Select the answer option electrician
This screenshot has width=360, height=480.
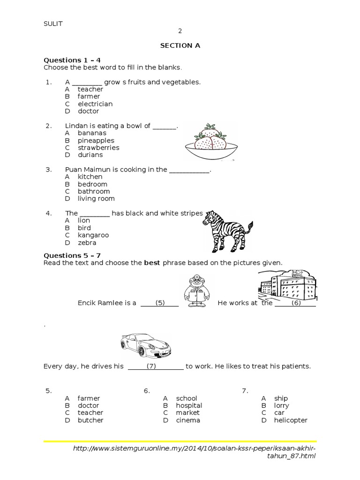tap(95, 104)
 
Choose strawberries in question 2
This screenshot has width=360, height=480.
tap(98, 148)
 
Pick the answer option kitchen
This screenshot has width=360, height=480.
tap(90, 177)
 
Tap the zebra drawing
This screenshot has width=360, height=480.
tap(227, 230)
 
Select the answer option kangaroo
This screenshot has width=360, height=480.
tap(93, 235)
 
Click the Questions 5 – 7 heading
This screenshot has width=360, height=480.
tap(72, 255)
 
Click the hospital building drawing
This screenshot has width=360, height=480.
tap(287, 286)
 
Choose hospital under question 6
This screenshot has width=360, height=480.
tap(189, 405)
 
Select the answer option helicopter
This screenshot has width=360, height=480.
tap(291, 420)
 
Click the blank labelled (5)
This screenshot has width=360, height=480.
tap(160, 303)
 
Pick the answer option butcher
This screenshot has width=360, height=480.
tap(90, 420)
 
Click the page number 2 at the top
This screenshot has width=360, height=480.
tap(180, 31)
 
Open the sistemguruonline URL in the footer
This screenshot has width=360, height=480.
tap(195, 452)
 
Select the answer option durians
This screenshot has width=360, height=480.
tap(90, 155)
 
